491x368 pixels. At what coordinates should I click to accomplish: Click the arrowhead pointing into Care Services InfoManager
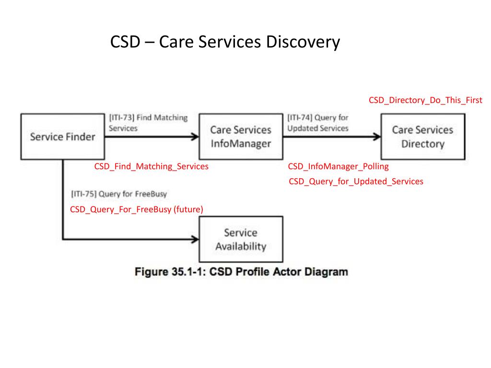tap(195, 137)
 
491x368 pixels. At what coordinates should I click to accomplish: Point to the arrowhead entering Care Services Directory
tap(377, 137)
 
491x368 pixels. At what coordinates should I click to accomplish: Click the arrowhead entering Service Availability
tap(195, 240)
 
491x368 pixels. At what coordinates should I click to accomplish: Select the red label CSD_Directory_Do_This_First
tap(425, 100)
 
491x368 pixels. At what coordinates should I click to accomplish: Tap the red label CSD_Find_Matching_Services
tap(151, 166)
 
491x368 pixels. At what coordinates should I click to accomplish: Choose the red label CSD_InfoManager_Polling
tap(338, 166)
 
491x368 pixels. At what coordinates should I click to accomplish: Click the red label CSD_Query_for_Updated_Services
tap(356, 182)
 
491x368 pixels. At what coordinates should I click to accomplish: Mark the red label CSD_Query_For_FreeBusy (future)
tap(137, 209)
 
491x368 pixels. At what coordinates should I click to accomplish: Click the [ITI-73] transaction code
tap(122, 118)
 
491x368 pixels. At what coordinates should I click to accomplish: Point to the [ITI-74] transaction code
tap(300, 118)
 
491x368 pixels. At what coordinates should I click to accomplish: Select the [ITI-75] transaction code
tap(83, 194)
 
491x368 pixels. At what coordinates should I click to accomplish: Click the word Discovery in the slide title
tap(303, 42)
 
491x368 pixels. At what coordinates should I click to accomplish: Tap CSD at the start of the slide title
tap(125, 42)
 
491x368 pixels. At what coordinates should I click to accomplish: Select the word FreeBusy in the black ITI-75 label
tap(151, 194)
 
